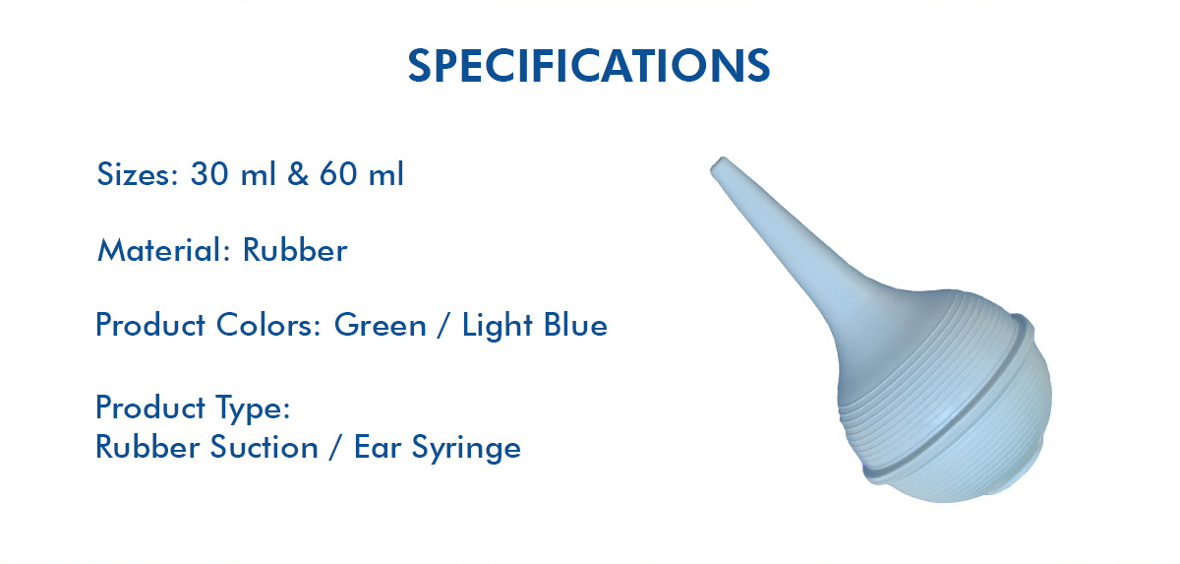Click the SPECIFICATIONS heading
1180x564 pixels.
(x=589, y=65)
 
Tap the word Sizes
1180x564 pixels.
(x=138, y=173)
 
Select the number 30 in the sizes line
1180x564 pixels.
(x=209, y=173)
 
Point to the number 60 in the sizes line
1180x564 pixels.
(x=338, y=173)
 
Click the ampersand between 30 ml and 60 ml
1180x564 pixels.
(x=298, y=173)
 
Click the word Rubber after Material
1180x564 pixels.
(x=295, y=249)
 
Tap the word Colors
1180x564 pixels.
(x=268, y=324)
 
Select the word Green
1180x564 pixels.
(x=381, y=324)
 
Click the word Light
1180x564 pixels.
(x=498, y=325)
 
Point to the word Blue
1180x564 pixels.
(x=576, y=324)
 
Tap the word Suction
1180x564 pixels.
(x=265, y=447)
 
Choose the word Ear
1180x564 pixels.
(x=378, y=447)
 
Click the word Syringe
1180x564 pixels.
(x=466, y=448)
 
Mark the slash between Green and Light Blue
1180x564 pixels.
(x=444, y=325)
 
